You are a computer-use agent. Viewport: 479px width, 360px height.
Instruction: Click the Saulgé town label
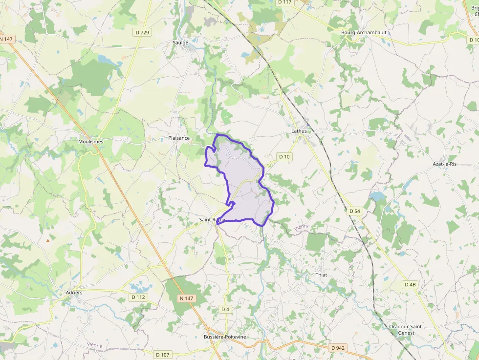180,42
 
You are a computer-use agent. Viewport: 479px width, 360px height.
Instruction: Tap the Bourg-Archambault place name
364,32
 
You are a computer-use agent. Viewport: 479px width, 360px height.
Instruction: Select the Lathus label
299,131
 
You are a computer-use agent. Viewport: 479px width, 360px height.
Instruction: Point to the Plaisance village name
179,138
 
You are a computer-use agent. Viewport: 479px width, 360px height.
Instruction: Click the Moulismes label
91,141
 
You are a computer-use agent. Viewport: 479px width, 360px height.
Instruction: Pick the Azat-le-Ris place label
444,164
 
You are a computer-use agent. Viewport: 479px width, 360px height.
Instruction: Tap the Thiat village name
321,275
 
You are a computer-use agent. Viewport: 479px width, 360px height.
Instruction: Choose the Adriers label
74,293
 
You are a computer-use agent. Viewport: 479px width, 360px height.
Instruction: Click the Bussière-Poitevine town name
225,337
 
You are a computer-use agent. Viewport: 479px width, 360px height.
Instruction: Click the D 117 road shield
284,2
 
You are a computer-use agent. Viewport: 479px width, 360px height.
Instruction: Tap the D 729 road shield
142,32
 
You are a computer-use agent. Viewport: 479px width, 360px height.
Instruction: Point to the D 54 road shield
355,211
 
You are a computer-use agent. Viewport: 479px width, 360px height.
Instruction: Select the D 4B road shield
410,284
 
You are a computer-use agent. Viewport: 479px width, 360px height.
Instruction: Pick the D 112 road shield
138,297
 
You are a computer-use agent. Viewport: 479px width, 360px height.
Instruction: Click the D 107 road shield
163,354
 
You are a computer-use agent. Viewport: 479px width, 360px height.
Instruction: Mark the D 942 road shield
337,348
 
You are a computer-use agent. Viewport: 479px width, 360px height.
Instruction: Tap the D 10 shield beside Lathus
284,156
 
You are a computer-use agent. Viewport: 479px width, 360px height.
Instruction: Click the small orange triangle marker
48,240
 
